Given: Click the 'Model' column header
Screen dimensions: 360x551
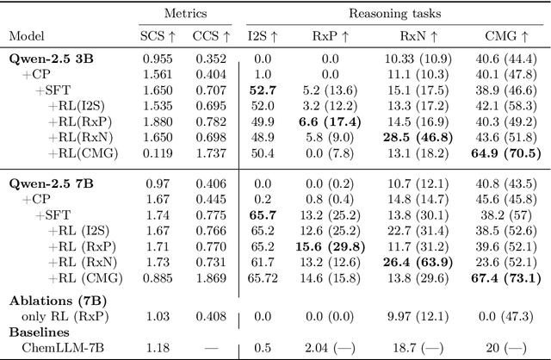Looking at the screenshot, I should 27,37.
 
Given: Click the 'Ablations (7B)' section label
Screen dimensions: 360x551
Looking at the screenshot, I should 51,301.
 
